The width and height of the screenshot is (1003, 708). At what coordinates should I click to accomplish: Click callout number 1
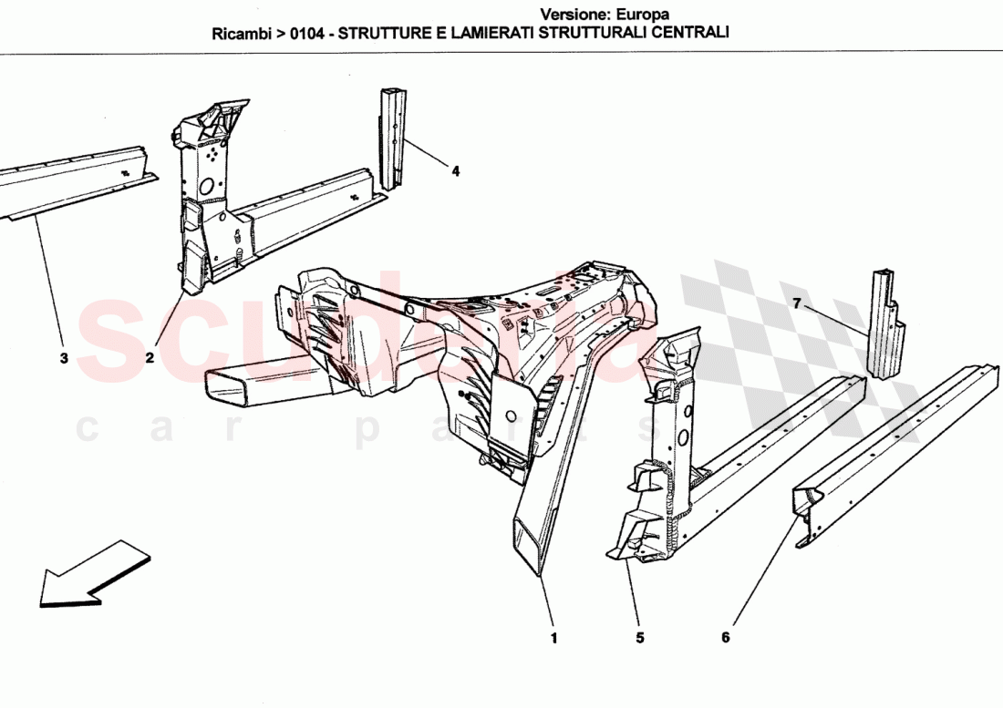553,638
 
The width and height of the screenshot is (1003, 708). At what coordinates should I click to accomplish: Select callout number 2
149,358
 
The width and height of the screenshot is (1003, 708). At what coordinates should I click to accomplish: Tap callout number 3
64,358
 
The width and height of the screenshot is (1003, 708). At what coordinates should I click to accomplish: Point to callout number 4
455,169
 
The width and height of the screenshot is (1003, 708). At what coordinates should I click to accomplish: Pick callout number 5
640,638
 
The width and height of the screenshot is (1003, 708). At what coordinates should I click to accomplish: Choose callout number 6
726,638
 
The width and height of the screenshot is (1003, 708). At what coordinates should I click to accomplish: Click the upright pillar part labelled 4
391,137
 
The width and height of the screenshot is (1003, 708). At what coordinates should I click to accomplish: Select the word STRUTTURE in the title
382,33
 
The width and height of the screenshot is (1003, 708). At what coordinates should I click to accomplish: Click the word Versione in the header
571,14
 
